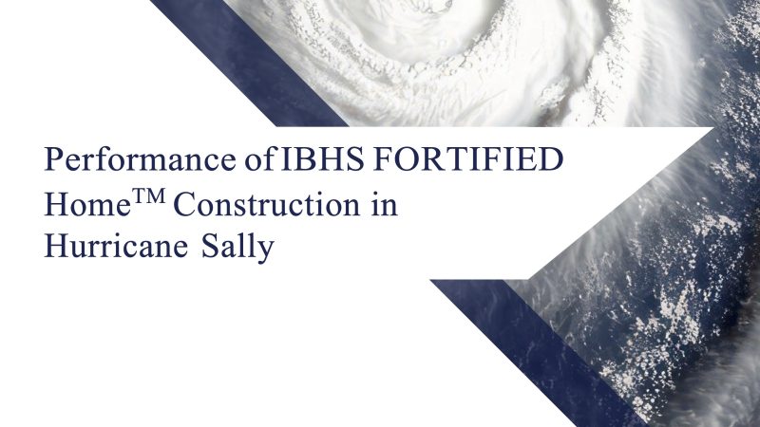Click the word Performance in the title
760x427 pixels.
[140, 159]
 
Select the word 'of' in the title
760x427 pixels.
[259, 158]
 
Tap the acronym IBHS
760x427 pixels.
[322, 159]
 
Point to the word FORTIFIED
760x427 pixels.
[468, 159]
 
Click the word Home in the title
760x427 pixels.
[87, 204]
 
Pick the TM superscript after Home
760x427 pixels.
[149, 196]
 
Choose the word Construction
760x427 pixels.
[267, 204]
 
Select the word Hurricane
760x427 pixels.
[116, 246]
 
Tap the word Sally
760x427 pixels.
[237, 247]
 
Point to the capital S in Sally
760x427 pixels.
[209, 246]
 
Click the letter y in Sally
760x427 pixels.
[266, 251]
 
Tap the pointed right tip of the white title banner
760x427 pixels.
[713, 128]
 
